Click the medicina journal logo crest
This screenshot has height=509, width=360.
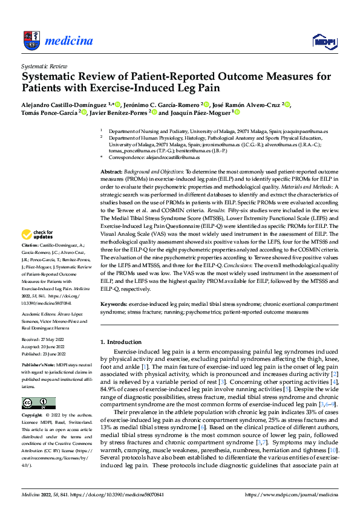[x=31, y=41]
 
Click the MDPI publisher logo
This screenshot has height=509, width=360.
[x=324, y=41]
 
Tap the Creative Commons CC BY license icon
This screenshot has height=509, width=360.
[x=38, y=403]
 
